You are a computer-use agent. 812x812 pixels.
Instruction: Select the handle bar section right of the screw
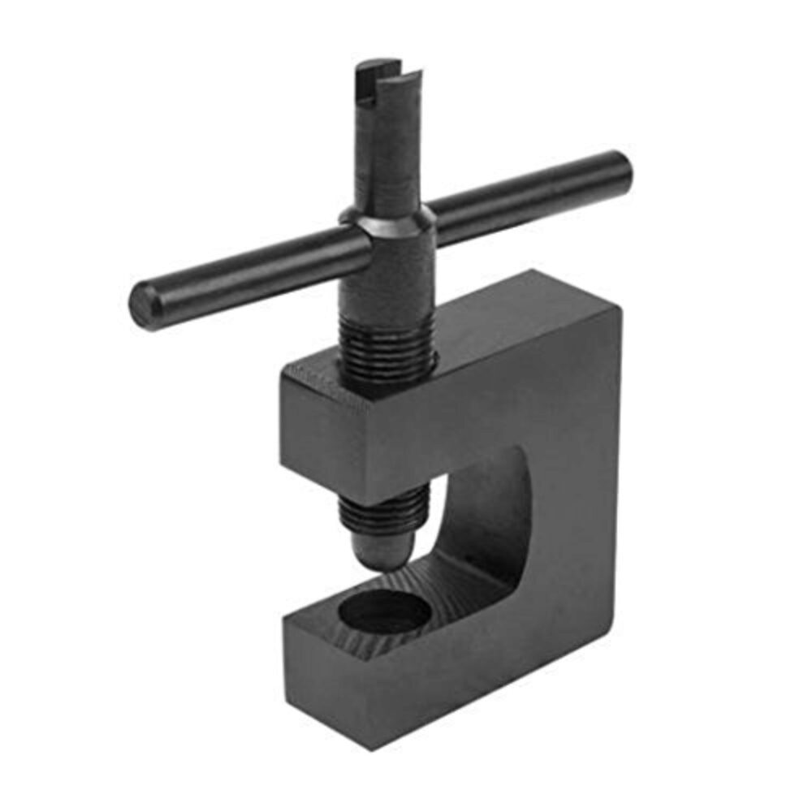click(x=520, y=195)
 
